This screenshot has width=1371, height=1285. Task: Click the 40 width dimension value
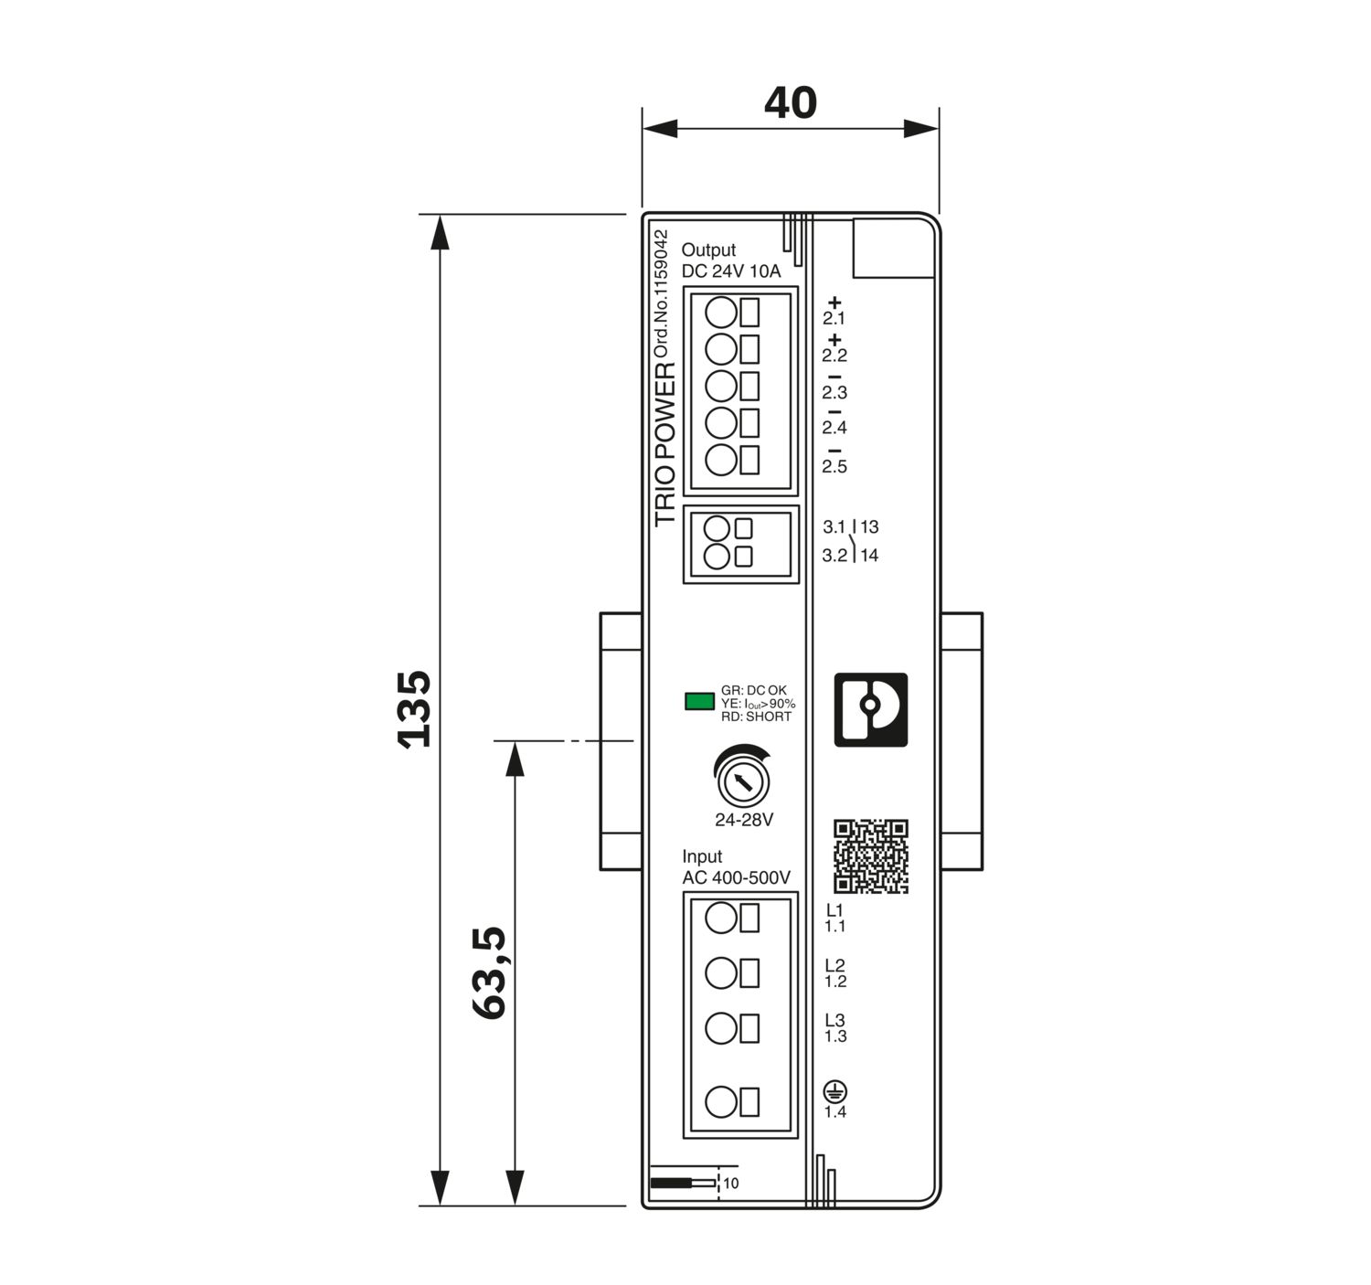[x=790, y=103]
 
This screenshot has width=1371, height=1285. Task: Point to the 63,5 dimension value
[x=490, y=972]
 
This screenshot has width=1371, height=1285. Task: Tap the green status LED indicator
[x=699, y=701]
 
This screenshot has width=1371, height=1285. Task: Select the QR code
[x=870, y=856]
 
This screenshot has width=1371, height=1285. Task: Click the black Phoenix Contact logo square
[x=870, y=709]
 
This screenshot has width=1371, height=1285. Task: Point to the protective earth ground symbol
[x=834, y=1090]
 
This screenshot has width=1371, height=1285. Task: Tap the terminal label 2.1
[x=834, y=319]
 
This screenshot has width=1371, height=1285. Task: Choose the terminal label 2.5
[x=834, y=467]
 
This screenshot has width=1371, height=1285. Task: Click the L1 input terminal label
[x=834, y=910]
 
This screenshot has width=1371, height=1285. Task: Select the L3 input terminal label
[x=834, y=1020]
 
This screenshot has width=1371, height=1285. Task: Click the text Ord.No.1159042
[x=662, y=293]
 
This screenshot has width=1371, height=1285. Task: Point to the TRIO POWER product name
[x=665, y=444]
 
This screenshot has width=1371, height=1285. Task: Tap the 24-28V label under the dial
[x=743, y=820]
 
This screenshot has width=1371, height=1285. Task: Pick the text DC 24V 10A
[x=731, y=271]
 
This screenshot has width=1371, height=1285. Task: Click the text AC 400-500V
[x=736, y=878]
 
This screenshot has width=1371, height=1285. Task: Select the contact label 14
[x=869, y=556]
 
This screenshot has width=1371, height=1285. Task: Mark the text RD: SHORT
[x=756, y=717]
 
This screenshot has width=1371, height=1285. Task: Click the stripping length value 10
[x=730, y=1184]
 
